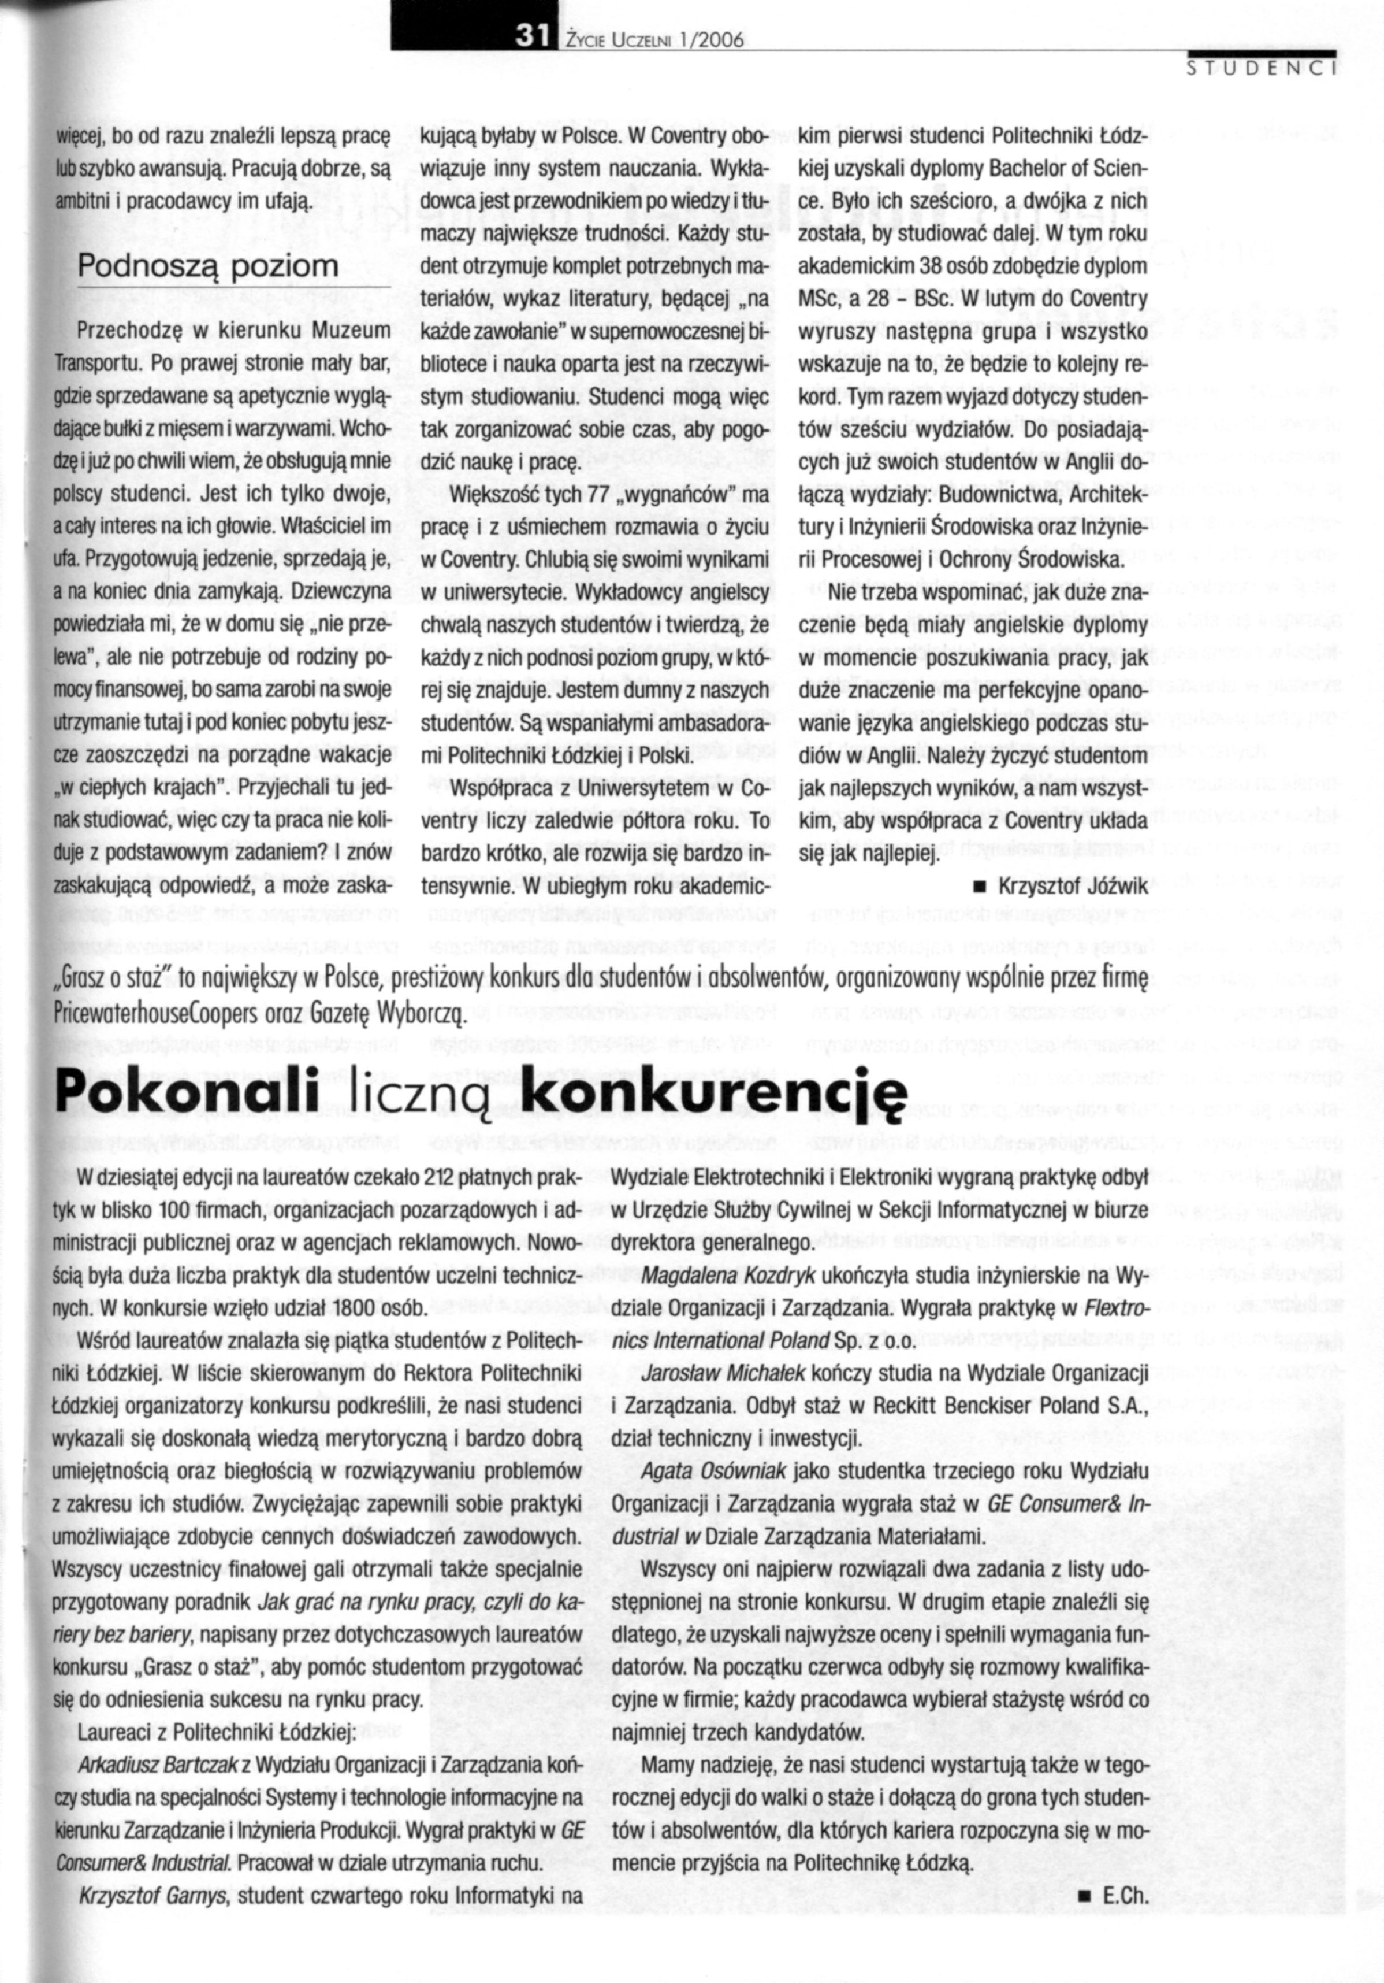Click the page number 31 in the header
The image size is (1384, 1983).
point(529,35)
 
